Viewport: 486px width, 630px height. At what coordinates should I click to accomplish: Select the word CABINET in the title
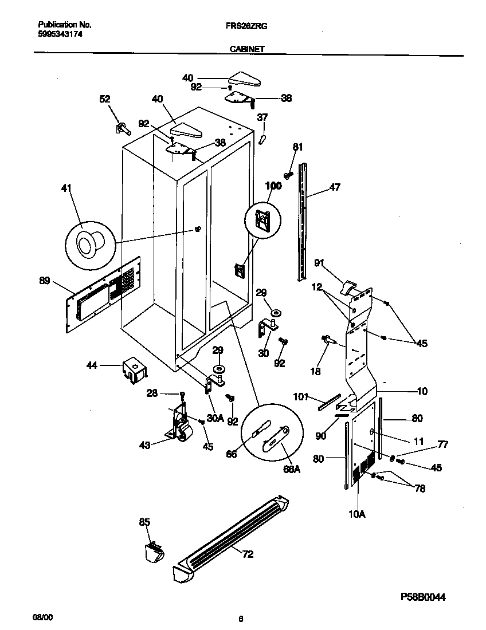click(247, 50)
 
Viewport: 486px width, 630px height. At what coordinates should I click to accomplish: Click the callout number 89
click(44, 281)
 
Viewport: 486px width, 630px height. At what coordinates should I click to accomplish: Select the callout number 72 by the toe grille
click(248, 554)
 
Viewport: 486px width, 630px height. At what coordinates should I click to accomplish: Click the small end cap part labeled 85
click(154, 553)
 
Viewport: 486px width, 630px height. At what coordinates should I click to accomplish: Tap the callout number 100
click(273, 186)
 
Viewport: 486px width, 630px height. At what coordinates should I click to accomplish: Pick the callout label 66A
click(291, 469)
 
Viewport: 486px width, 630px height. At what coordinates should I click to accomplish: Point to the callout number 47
click(335, 187)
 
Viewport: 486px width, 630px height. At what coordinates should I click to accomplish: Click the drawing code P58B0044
click(423, 597)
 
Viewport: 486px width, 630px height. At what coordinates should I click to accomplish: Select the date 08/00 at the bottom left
click(42, 619)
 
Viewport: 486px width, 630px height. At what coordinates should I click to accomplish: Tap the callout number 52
click(104, 99)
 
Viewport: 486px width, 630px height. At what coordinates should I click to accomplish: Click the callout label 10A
click(356, 514)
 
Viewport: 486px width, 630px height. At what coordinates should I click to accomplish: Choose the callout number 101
click(301, 396)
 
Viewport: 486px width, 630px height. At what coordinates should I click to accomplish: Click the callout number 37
click(262, 117)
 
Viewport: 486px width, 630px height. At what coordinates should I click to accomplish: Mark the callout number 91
click(320, 263)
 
